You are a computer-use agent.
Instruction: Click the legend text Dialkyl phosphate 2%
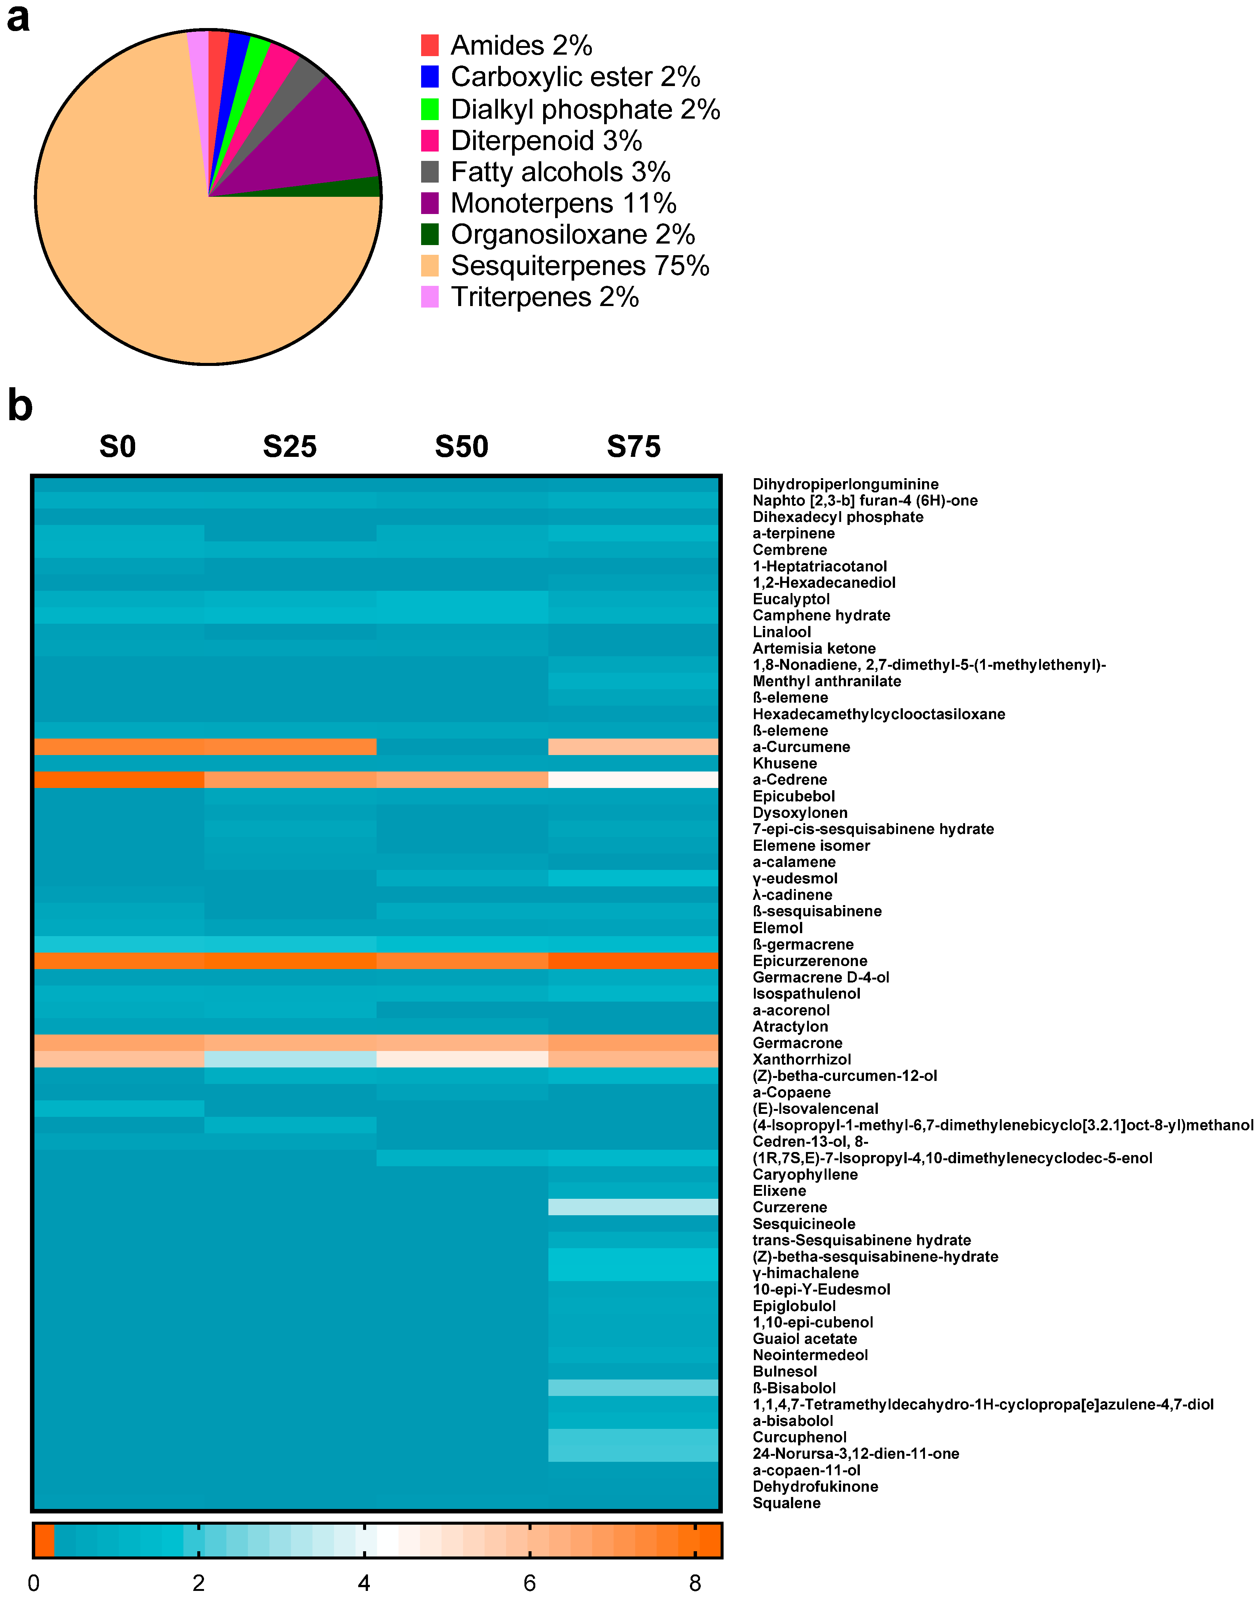point(585,109)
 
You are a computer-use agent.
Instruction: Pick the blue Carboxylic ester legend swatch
point(429,77)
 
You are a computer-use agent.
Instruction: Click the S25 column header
point(290,447)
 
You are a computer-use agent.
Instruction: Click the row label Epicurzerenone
point(809,961)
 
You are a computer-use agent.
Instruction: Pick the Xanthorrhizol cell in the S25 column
point(290,1059)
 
